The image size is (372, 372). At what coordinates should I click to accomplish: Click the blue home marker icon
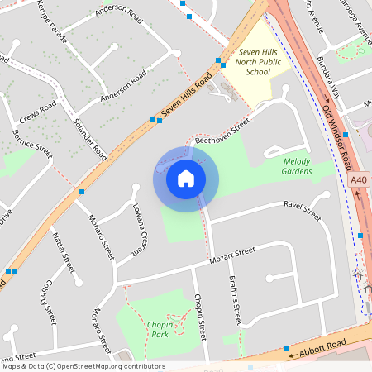tap(186, 179)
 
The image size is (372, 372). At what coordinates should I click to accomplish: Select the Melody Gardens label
tap(297, 166)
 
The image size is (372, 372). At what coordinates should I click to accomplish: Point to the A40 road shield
tap(359, 179)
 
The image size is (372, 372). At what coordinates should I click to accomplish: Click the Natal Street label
tap(64, 254)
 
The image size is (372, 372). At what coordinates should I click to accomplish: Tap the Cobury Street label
tap(45, 304)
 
